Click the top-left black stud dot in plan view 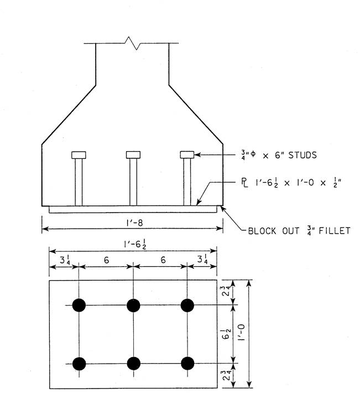[x=79, y=306]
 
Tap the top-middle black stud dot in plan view [x=133, y=306]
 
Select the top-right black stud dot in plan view [x=187, y=306]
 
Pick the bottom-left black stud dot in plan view [x=79, y=364]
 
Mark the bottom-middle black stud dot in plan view [x=133, y=364]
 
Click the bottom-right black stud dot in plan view [x=187, y=364]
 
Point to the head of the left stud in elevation [x=79, y=155]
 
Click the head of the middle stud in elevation [x=133, y=154]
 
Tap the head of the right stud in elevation [x=187, y=154]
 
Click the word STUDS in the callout [x=302, y=155]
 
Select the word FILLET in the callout [x=335, y=231]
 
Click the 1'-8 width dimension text [x=134, y=223]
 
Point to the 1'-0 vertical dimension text [x=241, y=332]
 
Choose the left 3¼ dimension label [x=65, y=260]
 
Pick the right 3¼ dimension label [x=202, y=259]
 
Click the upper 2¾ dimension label [x=226, y=291]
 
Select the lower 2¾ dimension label [x=226, y=375]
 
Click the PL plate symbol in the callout [x=244, y=183]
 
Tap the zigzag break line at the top [x=132, y=43]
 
